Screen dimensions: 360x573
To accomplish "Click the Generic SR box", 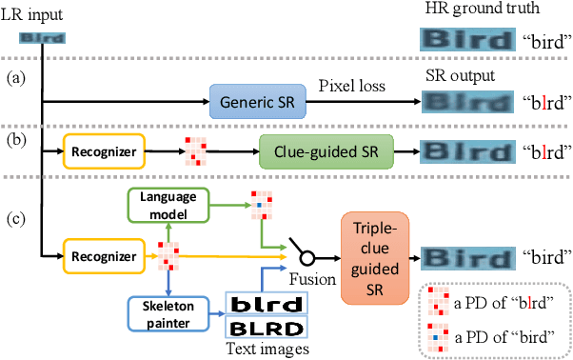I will coord(250,100).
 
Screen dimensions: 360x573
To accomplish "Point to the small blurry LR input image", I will coord(43,39).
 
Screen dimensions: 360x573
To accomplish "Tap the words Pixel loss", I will coord(352,84).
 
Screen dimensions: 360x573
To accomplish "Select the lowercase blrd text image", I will coord(264,304).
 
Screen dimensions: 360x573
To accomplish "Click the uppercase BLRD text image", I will coord(264,330).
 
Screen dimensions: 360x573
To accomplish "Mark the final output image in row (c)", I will coord(464,255).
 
